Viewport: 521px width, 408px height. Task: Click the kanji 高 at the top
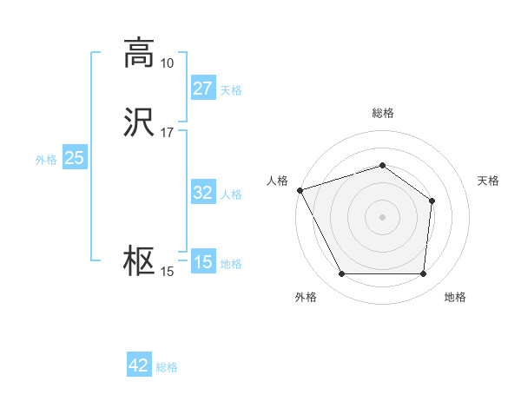click(x=140, y=54)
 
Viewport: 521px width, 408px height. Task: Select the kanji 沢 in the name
click(x=140, y=123)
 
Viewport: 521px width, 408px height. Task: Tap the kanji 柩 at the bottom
click(x=140, y=262)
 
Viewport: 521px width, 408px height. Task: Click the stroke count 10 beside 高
click(x=167, y=63)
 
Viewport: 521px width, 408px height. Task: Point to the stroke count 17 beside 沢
click(x=167, y=133)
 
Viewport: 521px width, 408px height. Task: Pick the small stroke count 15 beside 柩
click(x=167, y=272)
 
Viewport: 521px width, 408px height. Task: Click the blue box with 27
click(x=202, y=89)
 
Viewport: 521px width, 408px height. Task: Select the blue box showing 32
click(x=202, y=193)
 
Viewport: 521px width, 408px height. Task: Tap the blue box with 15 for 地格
click(x=202, y=262)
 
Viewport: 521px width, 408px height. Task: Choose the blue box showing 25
click(x=74, y=158)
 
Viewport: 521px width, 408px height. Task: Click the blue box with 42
click(x=139, y=365)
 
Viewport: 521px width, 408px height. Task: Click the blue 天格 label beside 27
click(x=231, y=89)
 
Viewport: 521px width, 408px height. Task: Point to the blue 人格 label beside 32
click(x=231, y=194)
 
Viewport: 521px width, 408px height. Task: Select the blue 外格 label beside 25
click(x=46, y=159)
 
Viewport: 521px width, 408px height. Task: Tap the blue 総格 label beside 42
click(x=167, y=366)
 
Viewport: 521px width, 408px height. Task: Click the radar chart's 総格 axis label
click(x=383, y=113)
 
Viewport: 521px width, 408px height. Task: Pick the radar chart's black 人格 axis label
click(x=278, y=181)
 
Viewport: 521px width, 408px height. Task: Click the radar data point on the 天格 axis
click(x=432, y=201)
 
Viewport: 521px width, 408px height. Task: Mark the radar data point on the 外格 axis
click(x=342, y=274)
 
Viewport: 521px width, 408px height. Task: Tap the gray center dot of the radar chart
click(x=383, y=216)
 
